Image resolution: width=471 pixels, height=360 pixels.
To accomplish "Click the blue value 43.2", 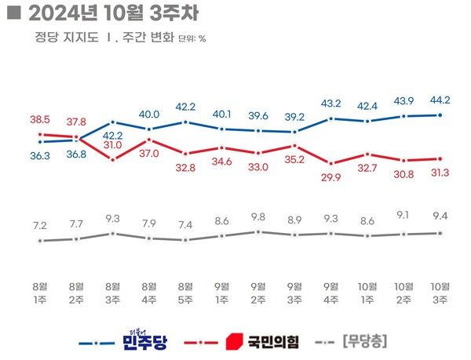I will pos(331,104).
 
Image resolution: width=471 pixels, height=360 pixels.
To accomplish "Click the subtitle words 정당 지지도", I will pos(63,37).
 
